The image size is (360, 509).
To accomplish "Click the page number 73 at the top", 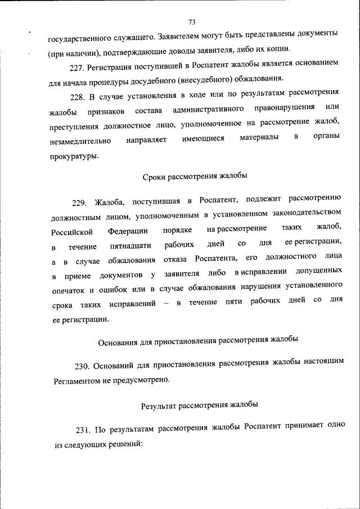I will (x=191, y=22).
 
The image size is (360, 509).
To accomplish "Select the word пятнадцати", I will (x=130, y=246).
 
